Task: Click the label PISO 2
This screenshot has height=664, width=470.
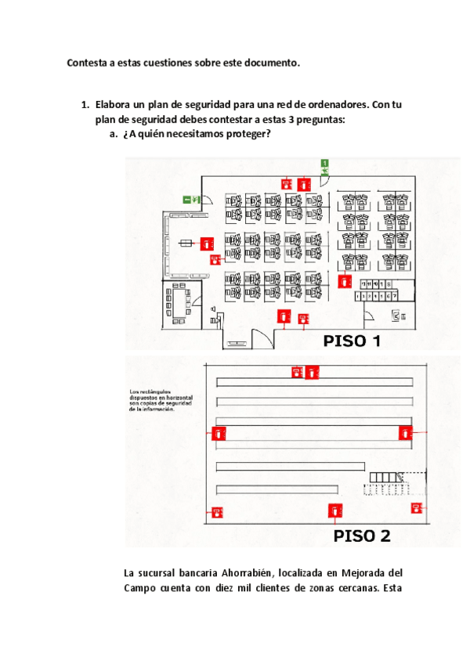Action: click(x=362, y=536)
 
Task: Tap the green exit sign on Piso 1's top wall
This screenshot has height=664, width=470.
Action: click(x=323, y=165)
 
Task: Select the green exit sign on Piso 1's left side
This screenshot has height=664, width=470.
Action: click(x=190, y=199)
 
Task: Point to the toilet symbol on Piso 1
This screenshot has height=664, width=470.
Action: click(x=396, y=315)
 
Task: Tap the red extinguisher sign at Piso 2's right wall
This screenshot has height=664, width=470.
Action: click(x=405, y=432)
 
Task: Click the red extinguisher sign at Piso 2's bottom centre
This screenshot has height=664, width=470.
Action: click(x=335, y=511)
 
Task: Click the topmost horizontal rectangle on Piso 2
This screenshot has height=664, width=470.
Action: click(x=314, y=381)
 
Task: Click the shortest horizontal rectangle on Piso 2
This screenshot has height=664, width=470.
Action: click(x=291, y=467)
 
